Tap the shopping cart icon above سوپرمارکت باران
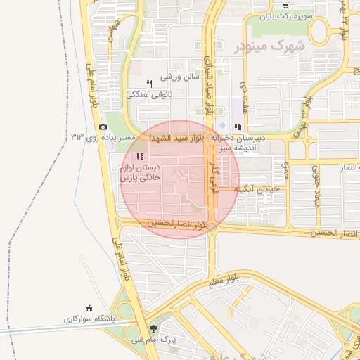(285, 5)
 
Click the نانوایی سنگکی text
(148, 94)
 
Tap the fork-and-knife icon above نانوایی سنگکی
(149, 84)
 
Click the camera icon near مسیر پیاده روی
(103, 127)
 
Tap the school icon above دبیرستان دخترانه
(238, 127)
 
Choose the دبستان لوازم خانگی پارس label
(141, 174)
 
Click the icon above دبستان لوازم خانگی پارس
(141, 156)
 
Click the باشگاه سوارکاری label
(89, 319)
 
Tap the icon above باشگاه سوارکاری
(89, 308)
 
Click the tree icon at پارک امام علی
(153, 328)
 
